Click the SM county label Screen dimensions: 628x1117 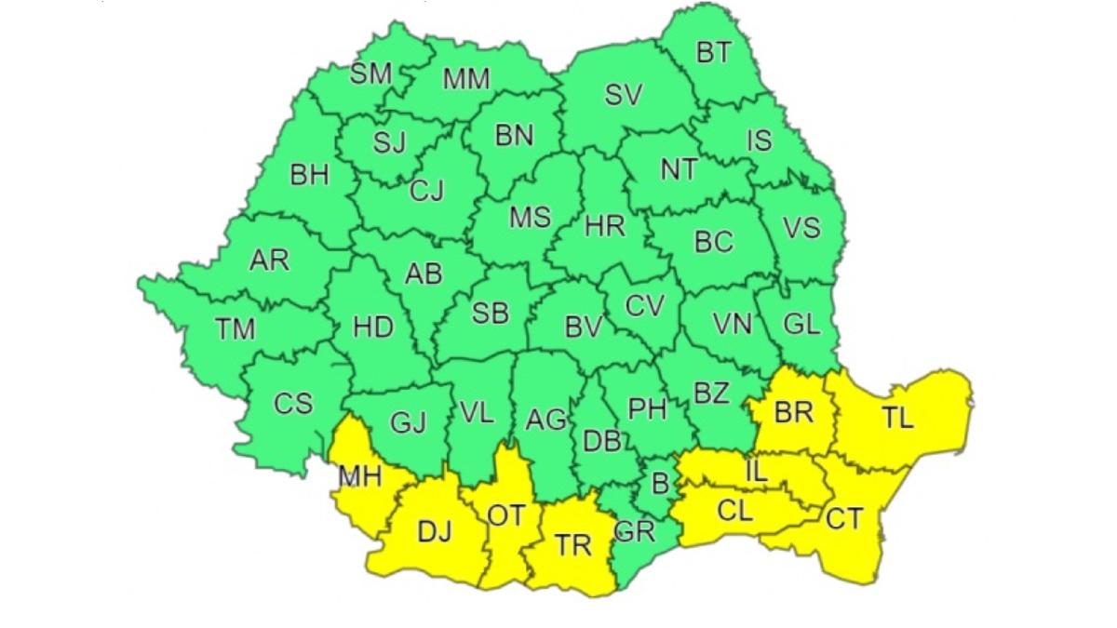coord(370,74)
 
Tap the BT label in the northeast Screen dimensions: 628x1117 coord(714,53)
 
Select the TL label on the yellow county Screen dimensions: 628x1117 coord(898,419)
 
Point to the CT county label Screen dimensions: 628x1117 coord(844,519)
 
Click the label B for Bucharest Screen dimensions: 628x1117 coord(660,484)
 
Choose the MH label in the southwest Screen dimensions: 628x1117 coord(360,477)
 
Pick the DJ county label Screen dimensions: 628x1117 coord(434,532)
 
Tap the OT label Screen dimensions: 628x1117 coord(506,515)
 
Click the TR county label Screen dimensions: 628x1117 coord(572,545)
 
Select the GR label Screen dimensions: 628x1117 coord(635,533)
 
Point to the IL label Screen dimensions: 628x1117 coord(756,471)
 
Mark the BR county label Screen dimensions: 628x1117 coord(793,411)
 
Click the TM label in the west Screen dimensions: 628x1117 coord(235,328)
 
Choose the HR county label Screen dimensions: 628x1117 coord(604,226)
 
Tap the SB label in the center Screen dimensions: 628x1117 coord(490,314)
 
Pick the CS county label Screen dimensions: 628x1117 coord(293,405)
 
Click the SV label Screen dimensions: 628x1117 coord(624,95)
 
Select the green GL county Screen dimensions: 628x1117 coord(801,325)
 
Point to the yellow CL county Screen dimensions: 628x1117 coord(735,512)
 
